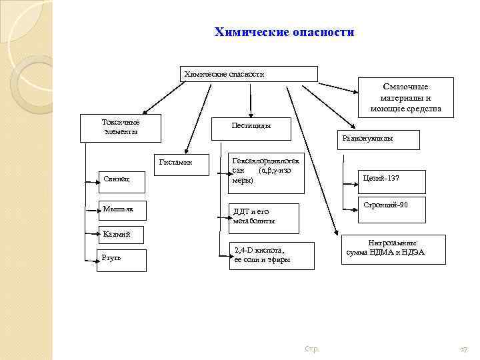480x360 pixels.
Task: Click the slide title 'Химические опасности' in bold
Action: tap(284, 32)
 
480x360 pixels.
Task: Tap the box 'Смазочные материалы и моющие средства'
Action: tap(405, 97)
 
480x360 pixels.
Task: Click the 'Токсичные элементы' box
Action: tap(120, 129)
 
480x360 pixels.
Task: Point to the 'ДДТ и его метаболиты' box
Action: tap(264, 217)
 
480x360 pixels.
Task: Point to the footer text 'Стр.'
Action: tap(311, 349)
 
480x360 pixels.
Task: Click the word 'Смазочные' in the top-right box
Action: tap(405, 87)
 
